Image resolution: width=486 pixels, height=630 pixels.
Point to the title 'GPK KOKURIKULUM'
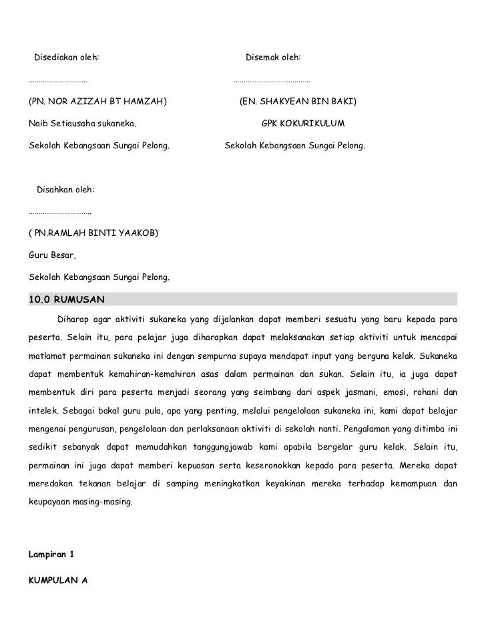[303, 124]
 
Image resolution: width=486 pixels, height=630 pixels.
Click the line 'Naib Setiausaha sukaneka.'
[82, 124]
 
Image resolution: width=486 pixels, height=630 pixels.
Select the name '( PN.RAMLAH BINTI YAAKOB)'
[93, 234]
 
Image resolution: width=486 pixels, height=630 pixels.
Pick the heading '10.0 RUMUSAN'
[66, 298]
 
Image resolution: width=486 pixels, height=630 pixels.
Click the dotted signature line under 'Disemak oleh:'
[271, 82]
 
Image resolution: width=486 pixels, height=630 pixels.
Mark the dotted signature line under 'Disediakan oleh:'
[58, 82]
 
